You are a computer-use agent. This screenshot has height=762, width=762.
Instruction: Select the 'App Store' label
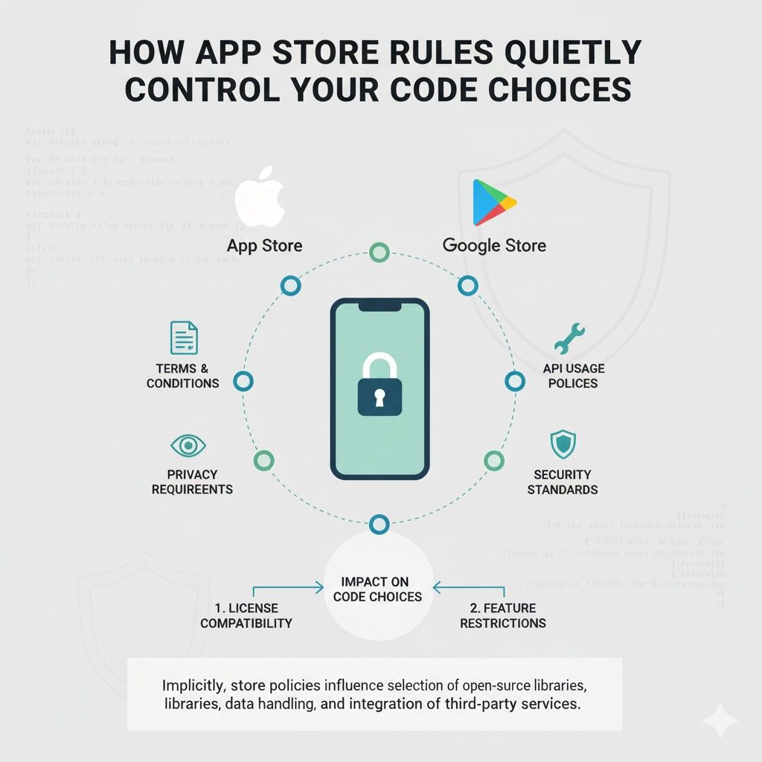pos(265,246)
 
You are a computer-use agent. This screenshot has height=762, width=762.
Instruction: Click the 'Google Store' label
pos(494,246)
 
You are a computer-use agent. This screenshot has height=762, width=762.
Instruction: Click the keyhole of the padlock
pos(380,399)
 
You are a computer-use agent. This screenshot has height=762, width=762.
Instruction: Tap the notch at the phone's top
pos(380,306)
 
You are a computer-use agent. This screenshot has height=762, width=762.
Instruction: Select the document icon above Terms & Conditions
pos(184,338)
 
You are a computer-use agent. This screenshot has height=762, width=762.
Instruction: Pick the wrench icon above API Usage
pos(570,339)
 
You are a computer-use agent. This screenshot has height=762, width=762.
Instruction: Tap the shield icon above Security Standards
pos(562,444)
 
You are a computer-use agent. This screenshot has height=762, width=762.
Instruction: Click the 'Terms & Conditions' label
pos(182,376)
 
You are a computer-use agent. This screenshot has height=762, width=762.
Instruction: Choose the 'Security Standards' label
pos(563,481)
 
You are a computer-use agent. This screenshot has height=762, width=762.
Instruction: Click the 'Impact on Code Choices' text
pos(377,589)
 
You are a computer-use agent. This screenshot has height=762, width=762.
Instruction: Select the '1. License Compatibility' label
pos(246,615)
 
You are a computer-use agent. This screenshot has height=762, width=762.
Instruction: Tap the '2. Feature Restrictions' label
pos(503,615)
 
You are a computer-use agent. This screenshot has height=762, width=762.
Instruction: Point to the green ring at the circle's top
pos(380,253)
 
